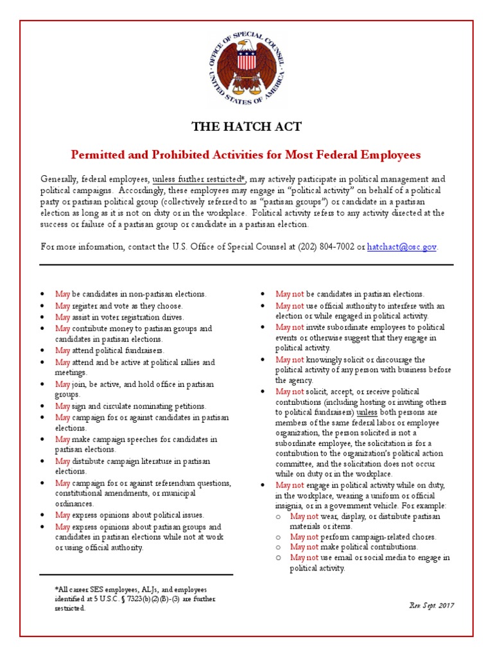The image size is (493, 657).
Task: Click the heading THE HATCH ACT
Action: point(246,126)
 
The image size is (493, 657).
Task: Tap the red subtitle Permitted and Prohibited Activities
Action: point(246,155)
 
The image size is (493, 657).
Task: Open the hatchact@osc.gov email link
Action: point(402,246)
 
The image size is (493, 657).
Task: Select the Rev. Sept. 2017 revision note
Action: point(431,605)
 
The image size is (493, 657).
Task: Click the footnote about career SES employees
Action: point(135,598)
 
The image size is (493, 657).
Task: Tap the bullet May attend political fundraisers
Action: point(110,350)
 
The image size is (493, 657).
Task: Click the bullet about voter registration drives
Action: point(119,317)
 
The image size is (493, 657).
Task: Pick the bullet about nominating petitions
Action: point(131,406)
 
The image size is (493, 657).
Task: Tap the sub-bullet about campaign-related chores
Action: point(363,536)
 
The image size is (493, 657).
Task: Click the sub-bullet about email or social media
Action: point(369,563)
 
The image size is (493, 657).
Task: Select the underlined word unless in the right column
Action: point(367,412)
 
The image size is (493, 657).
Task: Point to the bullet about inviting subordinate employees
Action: point(359,332)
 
